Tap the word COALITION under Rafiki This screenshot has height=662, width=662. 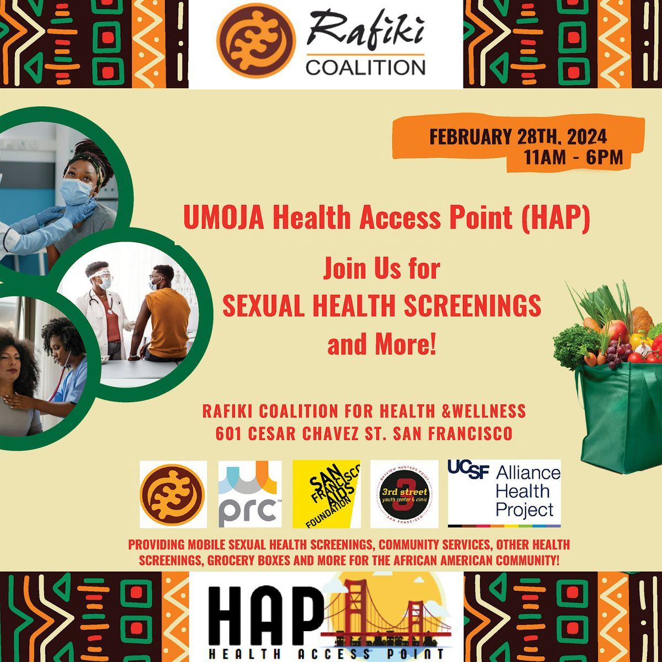(x=365, y=67)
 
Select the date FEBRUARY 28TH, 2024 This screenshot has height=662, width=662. (x=518, y=136)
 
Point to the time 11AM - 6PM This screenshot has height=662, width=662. (x=574, y=158)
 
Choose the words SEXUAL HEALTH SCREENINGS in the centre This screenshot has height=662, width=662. (x=382, y=306)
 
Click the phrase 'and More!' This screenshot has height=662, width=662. (x=382, y=344)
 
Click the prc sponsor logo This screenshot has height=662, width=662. (x=250, y=494)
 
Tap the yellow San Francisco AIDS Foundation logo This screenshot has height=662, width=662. (x=326, y=494)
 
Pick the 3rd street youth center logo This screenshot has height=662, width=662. (x=404, y=494)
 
